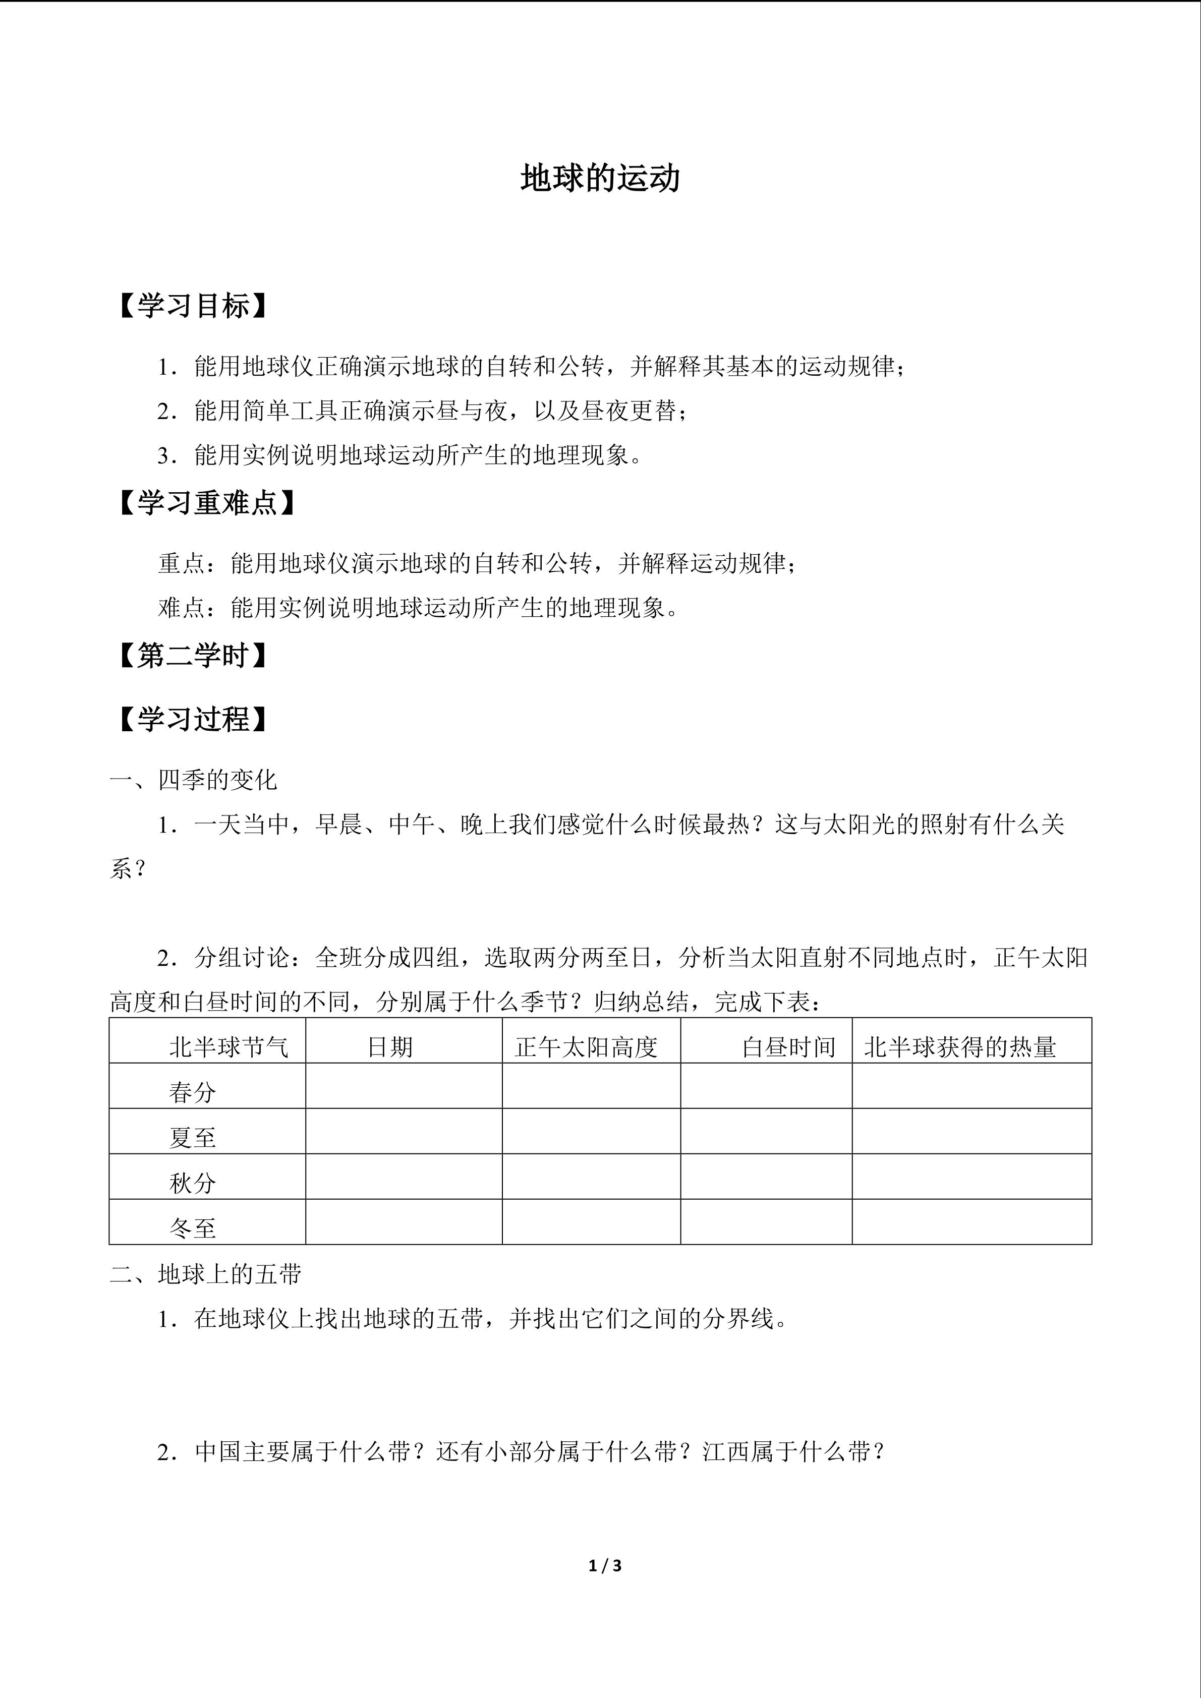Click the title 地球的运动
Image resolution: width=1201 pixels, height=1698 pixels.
600,179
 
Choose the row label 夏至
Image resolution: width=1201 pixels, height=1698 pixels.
192,1137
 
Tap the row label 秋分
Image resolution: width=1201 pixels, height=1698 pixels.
192,1183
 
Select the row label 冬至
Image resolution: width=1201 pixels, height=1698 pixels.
192,1227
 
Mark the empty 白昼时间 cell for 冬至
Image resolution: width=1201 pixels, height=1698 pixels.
766,1222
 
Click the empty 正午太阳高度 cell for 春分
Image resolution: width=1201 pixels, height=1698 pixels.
591,1086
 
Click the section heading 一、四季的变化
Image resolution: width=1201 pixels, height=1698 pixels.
194,780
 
